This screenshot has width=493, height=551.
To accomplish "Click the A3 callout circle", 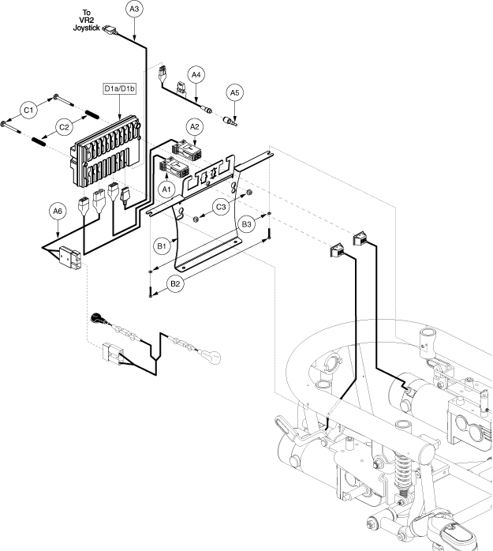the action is (134, 9).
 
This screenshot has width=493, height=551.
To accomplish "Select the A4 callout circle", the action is (196, 75).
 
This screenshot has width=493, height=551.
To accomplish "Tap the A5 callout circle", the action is (234, 93).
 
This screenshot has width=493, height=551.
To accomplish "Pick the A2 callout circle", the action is (195, 127).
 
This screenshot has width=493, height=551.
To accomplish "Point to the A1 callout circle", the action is (166, 189).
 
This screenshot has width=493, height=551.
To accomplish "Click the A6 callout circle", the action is (58, 212).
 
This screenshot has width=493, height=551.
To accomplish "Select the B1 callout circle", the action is (162, 246).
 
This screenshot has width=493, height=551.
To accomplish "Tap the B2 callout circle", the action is (175, 283).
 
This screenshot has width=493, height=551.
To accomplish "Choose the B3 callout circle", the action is (246, 224).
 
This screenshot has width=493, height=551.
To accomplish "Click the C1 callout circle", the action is (28, 110).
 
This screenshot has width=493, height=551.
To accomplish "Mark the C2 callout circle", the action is (64, 127).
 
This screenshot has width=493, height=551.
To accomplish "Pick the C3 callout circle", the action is (221, 207).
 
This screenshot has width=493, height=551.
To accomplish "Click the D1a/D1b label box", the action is (120, 88).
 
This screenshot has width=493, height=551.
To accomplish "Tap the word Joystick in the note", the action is (87, 28).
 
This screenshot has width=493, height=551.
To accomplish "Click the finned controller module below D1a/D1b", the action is (106, 151).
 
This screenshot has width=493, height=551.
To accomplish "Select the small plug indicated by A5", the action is (230, 122).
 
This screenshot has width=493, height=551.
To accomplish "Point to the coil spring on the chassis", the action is (401, 471).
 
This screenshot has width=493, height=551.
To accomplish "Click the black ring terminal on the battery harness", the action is (96, 318).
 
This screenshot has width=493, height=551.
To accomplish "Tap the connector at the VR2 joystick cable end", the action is (110, 30).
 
